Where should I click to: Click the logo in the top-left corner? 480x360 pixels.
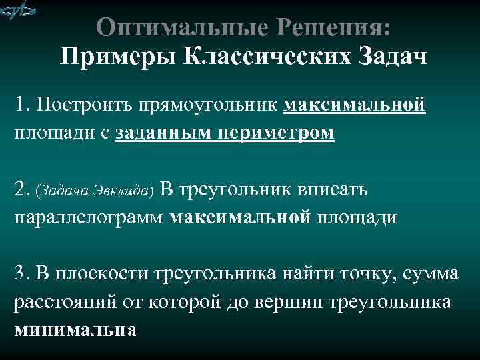pyautogui.click(x=18, y=11)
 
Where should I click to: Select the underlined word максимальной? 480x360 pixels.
pyautogui.click(x=355, y=105)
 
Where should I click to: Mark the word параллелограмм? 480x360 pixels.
pyautogui.click(x=90, y=217)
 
